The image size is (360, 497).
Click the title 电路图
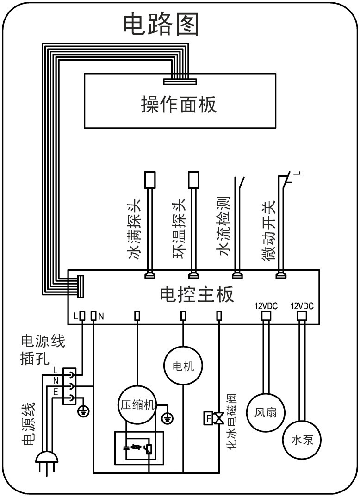pyautogui.click(x=161, y=24)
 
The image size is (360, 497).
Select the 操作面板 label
pyautogui.click(x=179, y=105)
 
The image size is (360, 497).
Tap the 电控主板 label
pyautogui.click(x=197, y=294)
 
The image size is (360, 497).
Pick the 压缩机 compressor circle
pyautogui.click(x=137, y=404)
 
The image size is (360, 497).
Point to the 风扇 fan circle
pyautogui.click(x=266, y=411)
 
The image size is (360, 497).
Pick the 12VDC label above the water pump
pyautogui.click(x=302, y=306)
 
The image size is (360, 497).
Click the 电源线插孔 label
pyautogui.click(x=43, y=350)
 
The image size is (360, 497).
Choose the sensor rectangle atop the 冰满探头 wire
pyautogui.click(x=149, y=179)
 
